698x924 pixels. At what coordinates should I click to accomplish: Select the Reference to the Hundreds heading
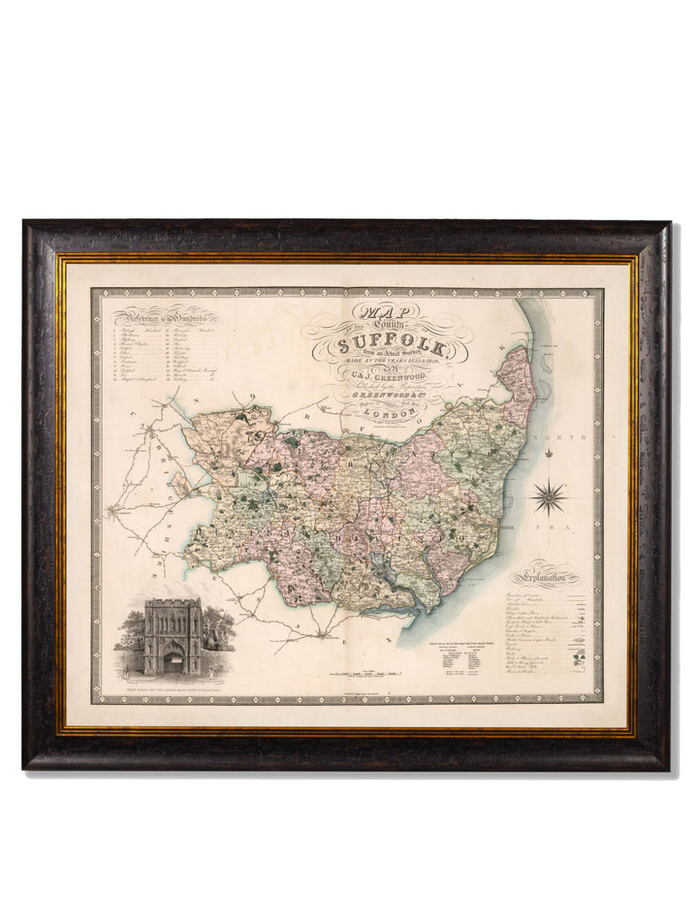pos(165,318)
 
